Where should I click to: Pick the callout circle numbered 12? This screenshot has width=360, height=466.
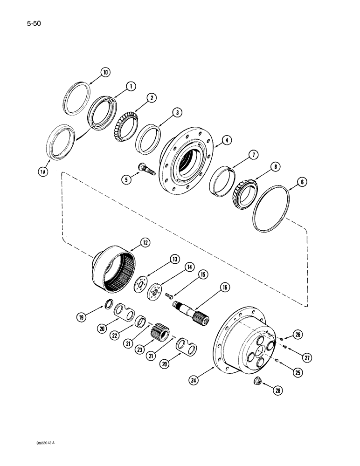(x=144, y=242)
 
